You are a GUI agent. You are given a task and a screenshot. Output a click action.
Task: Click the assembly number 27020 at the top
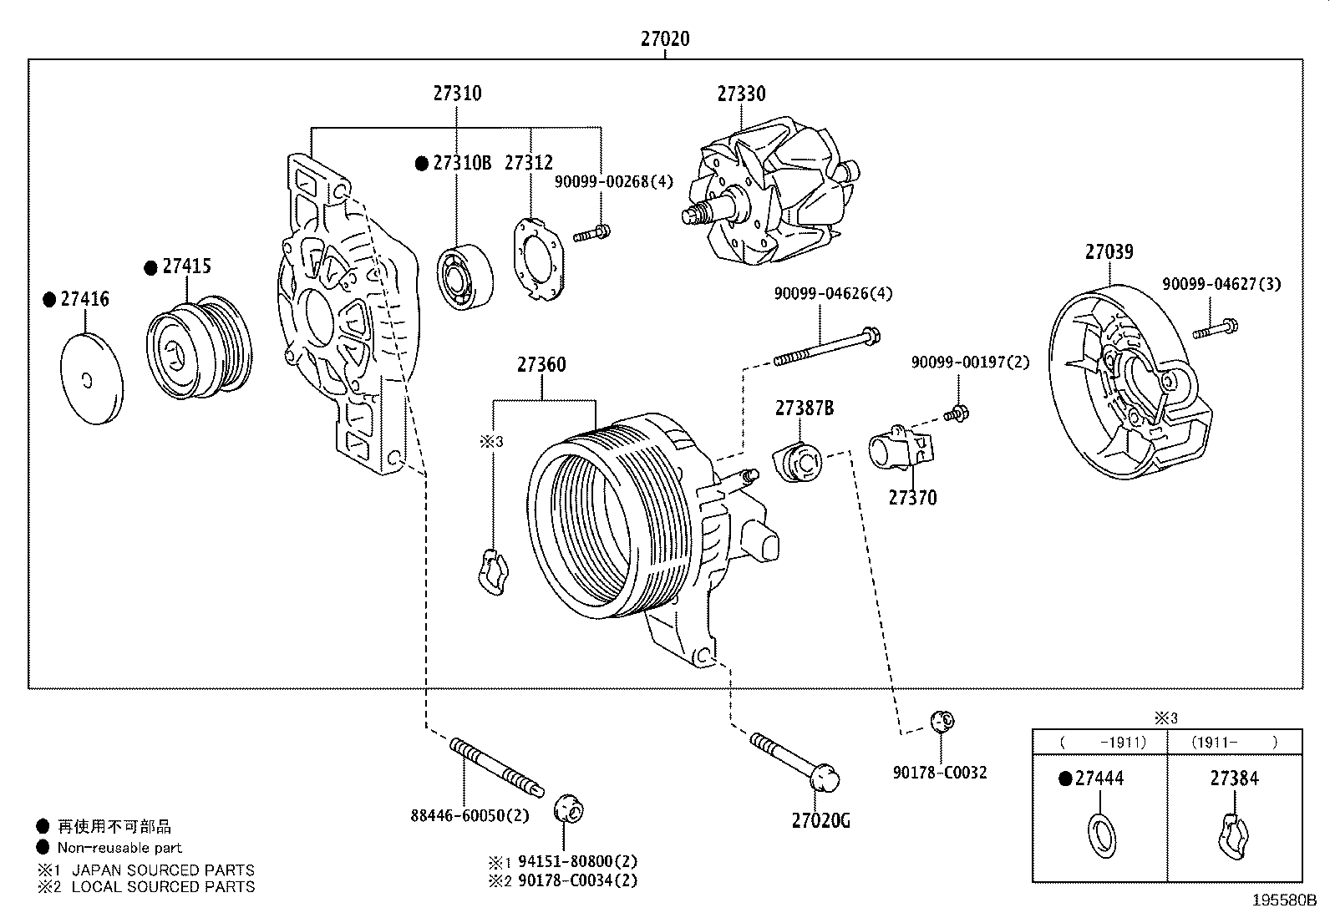tap(665, 38)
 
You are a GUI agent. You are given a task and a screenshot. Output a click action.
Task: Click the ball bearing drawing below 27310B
tap(464, 276)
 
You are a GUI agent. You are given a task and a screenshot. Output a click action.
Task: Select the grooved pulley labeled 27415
tap(199, 345)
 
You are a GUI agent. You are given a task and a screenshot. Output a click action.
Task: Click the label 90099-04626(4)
tap(833, 293)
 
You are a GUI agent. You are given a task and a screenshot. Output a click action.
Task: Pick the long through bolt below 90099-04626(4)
tap(825, 348)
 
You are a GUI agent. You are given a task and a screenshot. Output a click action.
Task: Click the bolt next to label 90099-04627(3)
tap(1216, 328)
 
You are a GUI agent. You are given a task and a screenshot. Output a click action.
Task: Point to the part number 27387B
tap(804, 408)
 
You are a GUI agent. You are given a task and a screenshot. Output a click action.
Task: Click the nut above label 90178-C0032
tap(942, 720)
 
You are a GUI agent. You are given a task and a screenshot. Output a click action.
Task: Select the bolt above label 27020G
tap(794, 758)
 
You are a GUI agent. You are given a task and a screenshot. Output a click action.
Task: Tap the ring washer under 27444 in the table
tap(1100, 833)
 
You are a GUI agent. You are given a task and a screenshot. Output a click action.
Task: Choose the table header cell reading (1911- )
tap(1234, 742)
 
